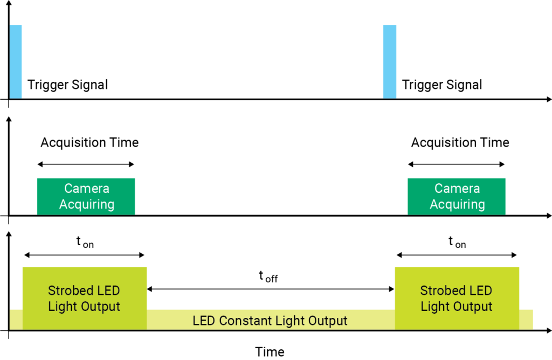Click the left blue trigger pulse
pos(15,62)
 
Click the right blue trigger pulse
pos(389,62)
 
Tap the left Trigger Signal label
pos(67,85)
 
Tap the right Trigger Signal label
pos(441,85)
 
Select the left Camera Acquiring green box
pos(86,197)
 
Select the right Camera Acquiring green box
pos(457,197)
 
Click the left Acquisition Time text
pos(89,143)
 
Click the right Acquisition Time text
pos(460,143)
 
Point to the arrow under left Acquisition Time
pos(86,164)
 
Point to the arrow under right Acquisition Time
pos(457,164)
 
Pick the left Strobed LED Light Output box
pos(84,298)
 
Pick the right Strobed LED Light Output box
pos(457,298)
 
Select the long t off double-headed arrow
pos(271,289)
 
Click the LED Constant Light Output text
pos(270,321)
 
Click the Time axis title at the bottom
pos(270,352)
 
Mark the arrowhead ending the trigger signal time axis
pos(548,99)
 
